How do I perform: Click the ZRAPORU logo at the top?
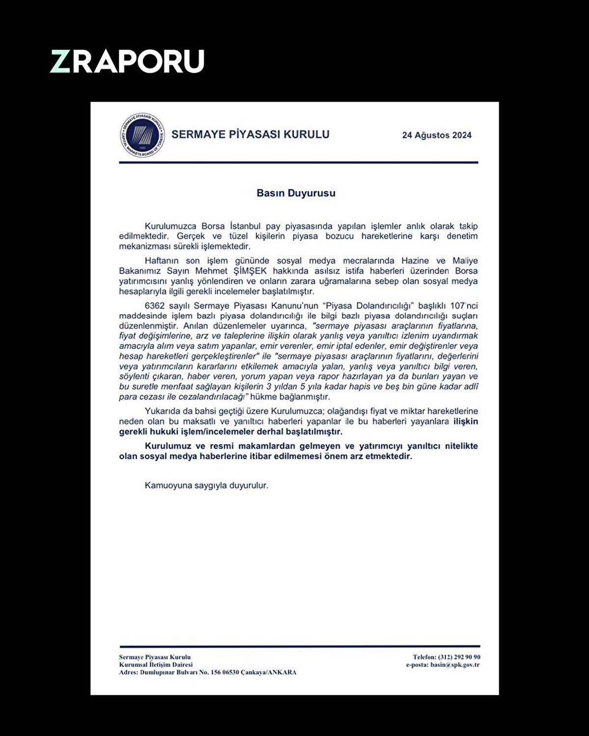(x=127, y=61)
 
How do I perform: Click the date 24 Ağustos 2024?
(x=436, y=135)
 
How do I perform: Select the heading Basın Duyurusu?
(x=296, y=193)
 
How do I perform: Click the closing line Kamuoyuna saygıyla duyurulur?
(x=207, y=486)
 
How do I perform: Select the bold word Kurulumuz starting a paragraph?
(x=167, y=447)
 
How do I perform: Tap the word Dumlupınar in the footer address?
(x=157, y=672)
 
